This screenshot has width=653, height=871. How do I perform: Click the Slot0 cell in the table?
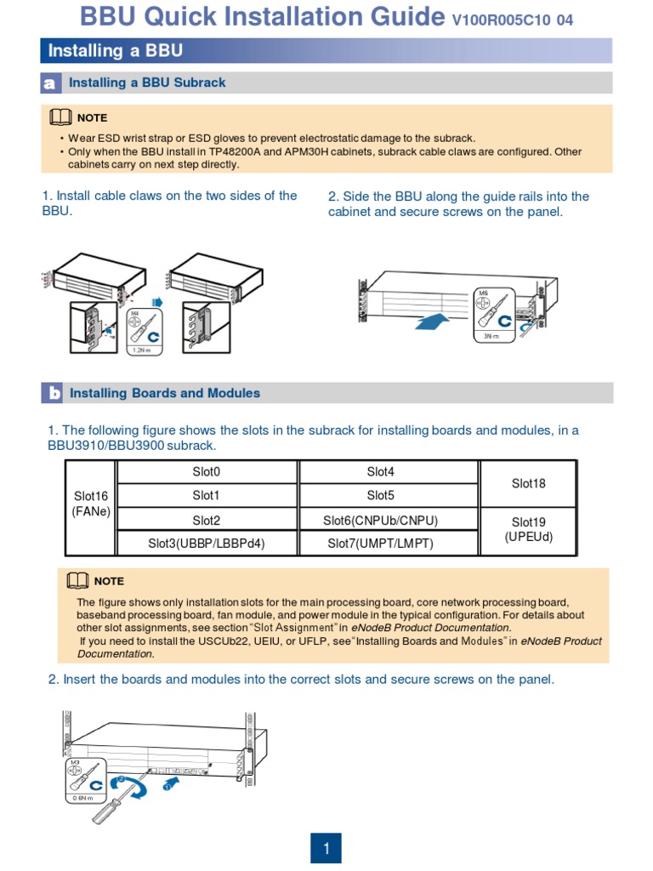tap(206, 471)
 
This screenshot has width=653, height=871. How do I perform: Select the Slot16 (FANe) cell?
tap(90, 504)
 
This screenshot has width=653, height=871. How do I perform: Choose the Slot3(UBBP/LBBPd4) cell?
tap(206, 543)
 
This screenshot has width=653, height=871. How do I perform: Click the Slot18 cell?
tap(528, 483)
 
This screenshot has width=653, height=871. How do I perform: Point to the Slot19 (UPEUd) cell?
tap(528, 529)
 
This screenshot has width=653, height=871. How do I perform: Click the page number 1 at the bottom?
tap(326, 848)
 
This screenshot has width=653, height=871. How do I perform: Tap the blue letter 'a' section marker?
tap(50, 83)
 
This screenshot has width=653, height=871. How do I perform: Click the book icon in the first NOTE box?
tap(61, 117)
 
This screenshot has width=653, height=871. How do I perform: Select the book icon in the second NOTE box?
tap(78, 580)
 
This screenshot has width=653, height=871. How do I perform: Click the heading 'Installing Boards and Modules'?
tap(165, 393)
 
